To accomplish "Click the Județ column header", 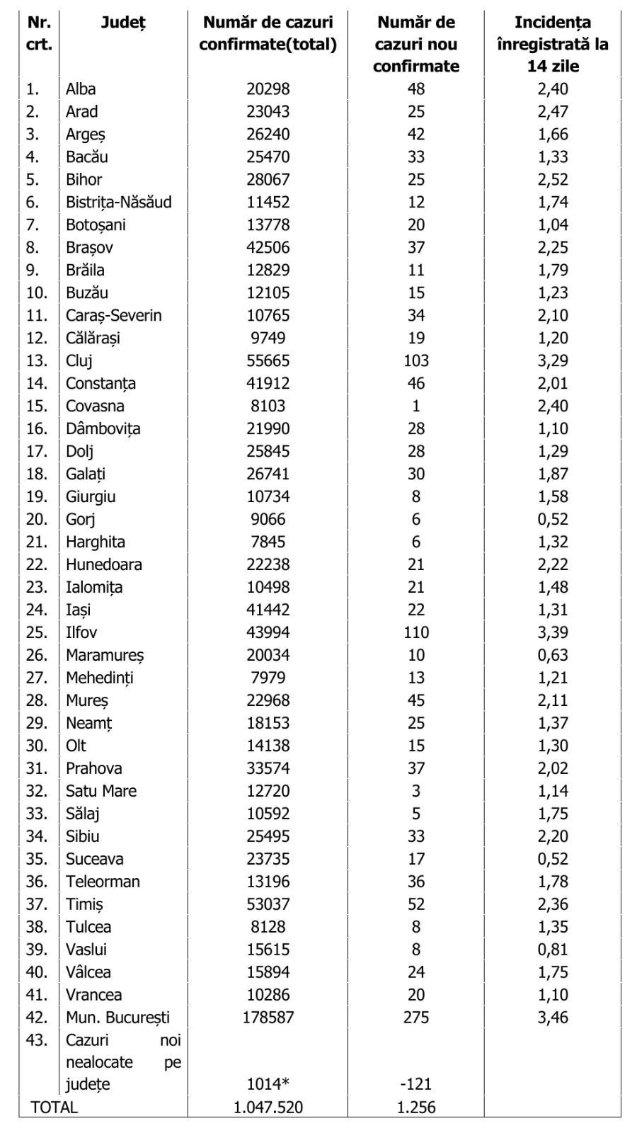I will pyautogui.click(x=123, y=23).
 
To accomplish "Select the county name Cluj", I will pyautogui.click(x=79, y=360).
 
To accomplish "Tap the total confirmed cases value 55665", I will pyautogui.click(x=268, y=360).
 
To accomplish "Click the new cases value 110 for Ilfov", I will pyautogui.click(x=416, y=632).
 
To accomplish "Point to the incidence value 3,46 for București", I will pyautogui.click(x=553, y=1018).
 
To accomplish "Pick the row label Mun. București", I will pyautogui.click(x=117, y=1018).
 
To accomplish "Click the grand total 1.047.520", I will pyautogui.click(x=268, y=1108).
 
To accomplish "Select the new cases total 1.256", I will pyautogui.click(x=416, y=1108).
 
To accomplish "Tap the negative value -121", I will pyautogui.click(x=416, y=1084).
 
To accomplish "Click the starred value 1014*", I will pyautogui.click(x=268, y=1084).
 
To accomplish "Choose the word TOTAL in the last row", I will pyautogui.click(x=54, y=1108).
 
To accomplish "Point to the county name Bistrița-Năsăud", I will pyautogui.click(x=119, y=202).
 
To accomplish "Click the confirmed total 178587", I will pyautogui.click(x=268, y=1018).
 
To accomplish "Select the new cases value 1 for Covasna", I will pyautogui.click(x=416, y=406).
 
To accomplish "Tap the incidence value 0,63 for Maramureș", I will pyautogui.click(x=553, y=655).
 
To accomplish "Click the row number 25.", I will pyautogui.click(x=37, y=632).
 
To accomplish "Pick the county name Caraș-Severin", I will pyautogui.click(x=113, y=315).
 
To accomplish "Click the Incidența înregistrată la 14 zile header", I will pyautogui.click(x=553, y=44).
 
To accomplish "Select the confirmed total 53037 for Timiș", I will pyautogui.click(x=268, y=904).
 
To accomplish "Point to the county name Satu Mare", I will pyautogui.click(x=101, y=791).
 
